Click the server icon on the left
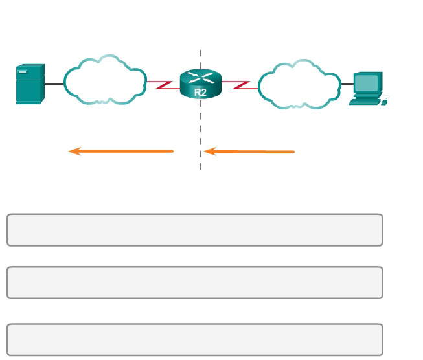point(30,84)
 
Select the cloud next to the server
point(105,81)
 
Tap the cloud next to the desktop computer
point(299,85)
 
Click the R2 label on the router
point(200,93)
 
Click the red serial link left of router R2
point(163,85)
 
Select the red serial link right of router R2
point(239,85)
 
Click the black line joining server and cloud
point(54,84)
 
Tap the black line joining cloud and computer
point(347,84)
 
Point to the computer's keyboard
point(365,101)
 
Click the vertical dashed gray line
point(200,129)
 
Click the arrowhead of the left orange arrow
point(74,152)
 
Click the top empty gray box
point(194,230)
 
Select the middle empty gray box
point(194,282)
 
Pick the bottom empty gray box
point(194,339)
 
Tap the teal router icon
point(200,85)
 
